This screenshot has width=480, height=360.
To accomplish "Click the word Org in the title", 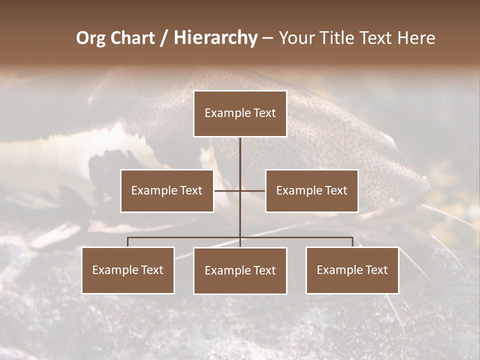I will [x=91, y=38].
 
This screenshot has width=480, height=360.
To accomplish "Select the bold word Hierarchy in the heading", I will [x=215, y=38].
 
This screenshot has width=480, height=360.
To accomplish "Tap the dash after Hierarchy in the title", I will [x=267, y=38].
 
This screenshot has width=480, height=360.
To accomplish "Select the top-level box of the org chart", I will [x=240, y=113].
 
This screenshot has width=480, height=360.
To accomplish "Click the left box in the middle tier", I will [x=167, y=190].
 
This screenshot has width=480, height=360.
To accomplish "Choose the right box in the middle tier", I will [x=311, y=190].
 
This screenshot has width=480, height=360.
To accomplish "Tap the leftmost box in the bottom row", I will [x=128, y=270].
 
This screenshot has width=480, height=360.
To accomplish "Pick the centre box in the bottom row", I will [x=240, y=270].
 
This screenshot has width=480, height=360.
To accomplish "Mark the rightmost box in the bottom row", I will [x=352, y=270].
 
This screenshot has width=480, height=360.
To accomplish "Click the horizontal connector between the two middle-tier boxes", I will [x=228, y=190].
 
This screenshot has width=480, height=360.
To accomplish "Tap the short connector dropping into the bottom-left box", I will [x=128, y=242].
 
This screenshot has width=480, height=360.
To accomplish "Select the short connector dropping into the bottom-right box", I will [x=352, y=242].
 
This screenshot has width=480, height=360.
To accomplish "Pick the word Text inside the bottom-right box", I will [x=375, y=270].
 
